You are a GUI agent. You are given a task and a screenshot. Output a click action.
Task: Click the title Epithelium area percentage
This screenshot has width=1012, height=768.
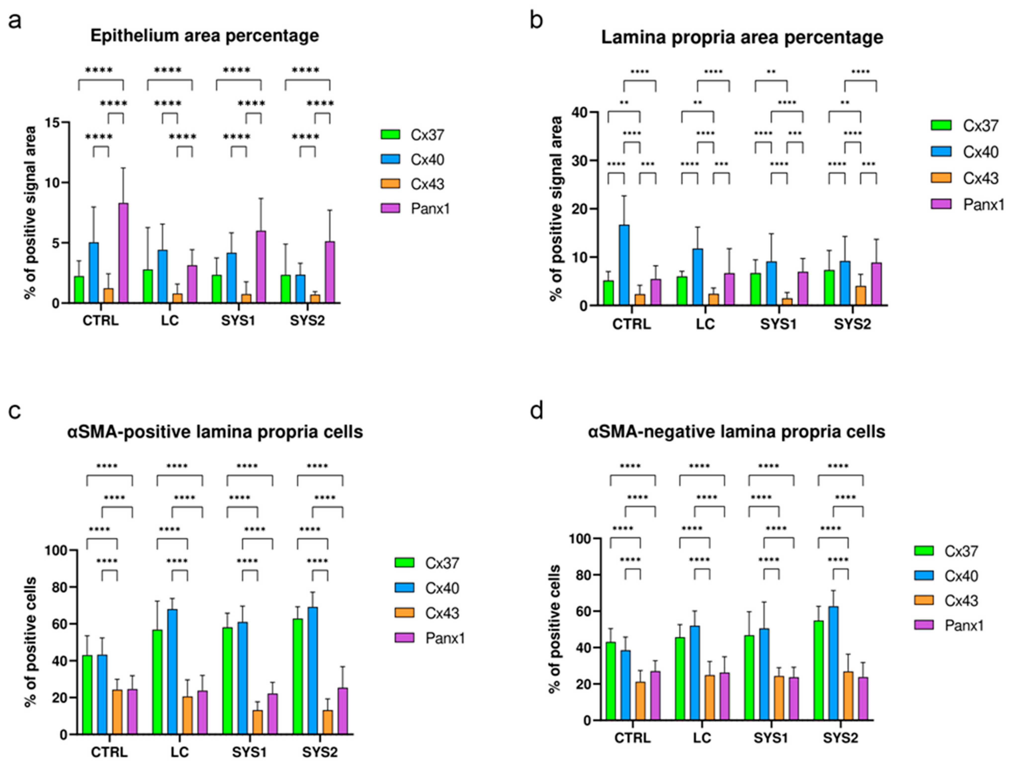click(205, 36)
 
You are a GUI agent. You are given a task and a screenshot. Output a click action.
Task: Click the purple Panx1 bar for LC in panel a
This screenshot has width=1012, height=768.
click(192, 284)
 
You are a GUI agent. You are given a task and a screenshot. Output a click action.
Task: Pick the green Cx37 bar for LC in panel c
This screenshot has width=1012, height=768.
click(157, 682)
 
